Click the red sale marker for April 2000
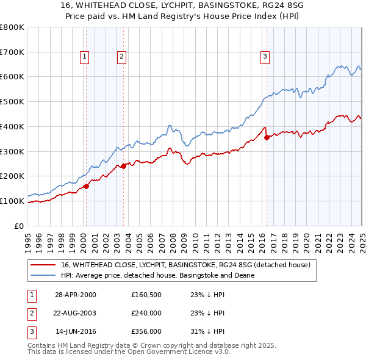coord(87,186)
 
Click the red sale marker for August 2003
coord(123,166)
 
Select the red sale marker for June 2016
coord(267,137)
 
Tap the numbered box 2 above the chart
coord(121,57)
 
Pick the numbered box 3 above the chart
coord(265,57)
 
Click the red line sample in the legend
coord(43,265)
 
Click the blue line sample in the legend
coord(43,275)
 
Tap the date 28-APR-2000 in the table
coord(76,294)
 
